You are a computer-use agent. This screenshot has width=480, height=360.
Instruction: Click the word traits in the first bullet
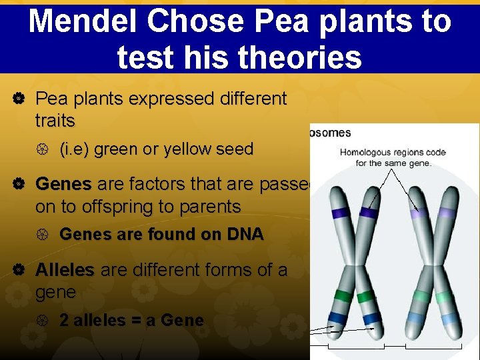55,121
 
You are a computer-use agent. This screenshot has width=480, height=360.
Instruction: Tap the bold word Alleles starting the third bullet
65,271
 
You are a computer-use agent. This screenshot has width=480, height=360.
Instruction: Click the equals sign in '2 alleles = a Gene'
135,320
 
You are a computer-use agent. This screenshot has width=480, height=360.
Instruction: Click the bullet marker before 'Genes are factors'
19,184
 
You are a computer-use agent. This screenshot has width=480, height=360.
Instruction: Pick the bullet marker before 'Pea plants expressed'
19,99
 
